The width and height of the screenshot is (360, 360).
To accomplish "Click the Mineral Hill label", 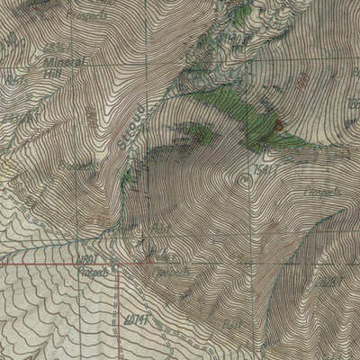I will tap(58, 67).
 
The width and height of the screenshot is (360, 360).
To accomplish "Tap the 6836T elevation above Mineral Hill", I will tap(56, 46).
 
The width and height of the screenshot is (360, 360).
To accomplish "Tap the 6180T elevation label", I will tap(90, 260).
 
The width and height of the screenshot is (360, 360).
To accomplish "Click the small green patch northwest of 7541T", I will tap(200, 134).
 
